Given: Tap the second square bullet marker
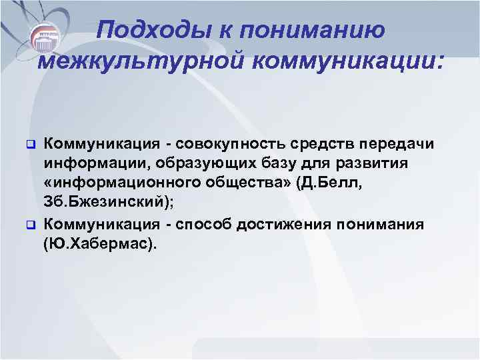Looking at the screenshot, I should tap(29, 224).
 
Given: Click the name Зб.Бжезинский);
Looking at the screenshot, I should tap(107, 204).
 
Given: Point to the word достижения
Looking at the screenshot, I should tap(287, 224).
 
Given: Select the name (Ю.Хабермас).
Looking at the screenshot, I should tap(101, 244).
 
